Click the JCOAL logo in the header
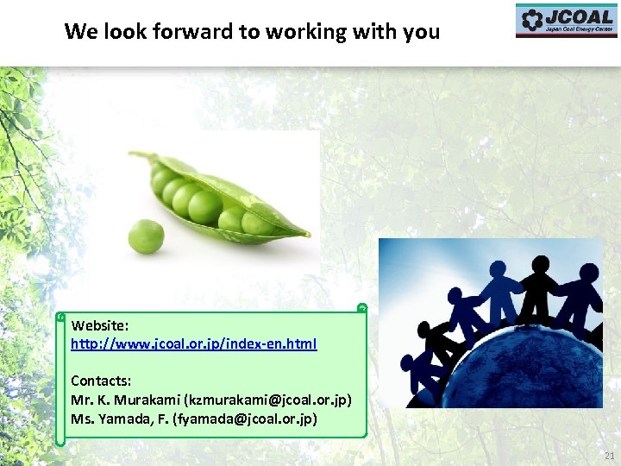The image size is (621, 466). [566, 21]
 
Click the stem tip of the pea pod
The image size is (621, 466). [135, 155]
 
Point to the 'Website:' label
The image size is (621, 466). [100, 326]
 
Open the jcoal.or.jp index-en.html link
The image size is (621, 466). [193, 343]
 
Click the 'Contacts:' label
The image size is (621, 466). [101, 381]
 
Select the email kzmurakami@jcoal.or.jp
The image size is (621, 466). [267, 400]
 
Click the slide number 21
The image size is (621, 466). [609, 455]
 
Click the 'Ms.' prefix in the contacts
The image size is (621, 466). [81, 419]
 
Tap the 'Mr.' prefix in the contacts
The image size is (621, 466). [81, 400]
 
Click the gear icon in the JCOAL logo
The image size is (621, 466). [531, 19]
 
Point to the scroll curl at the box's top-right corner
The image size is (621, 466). [362, 307]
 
